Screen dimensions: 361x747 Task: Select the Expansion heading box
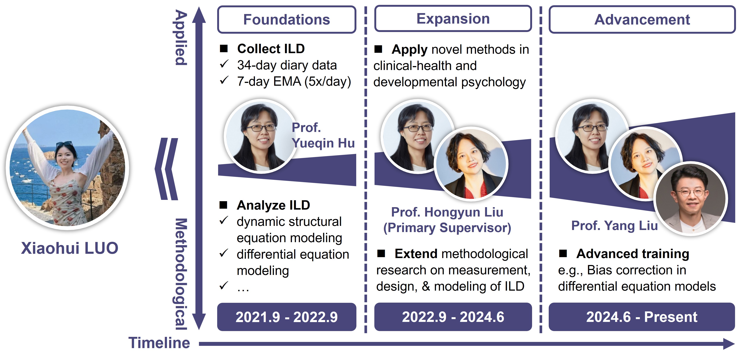[453, 19]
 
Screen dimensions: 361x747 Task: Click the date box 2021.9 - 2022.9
[287, 317]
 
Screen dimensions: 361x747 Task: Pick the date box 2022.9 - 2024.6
[453, 317]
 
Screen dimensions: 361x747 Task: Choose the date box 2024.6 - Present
[641, 317]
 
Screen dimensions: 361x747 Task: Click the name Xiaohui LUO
[70, 248]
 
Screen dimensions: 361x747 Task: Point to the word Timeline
[159, 343]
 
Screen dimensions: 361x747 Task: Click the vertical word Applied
[181, 38]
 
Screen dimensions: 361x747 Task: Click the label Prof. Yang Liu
[614, 226]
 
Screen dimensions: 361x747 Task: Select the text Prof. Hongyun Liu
[447, 212]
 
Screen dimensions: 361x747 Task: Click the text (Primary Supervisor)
[447, 228]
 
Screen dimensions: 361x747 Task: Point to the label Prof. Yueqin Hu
[323, 135]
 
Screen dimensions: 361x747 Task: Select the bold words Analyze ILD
[273, 205]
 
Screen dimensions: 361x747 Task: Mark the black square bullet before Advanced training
[563, 254]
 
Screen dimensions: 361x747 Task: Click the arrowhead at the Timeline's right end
[728, 344]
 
